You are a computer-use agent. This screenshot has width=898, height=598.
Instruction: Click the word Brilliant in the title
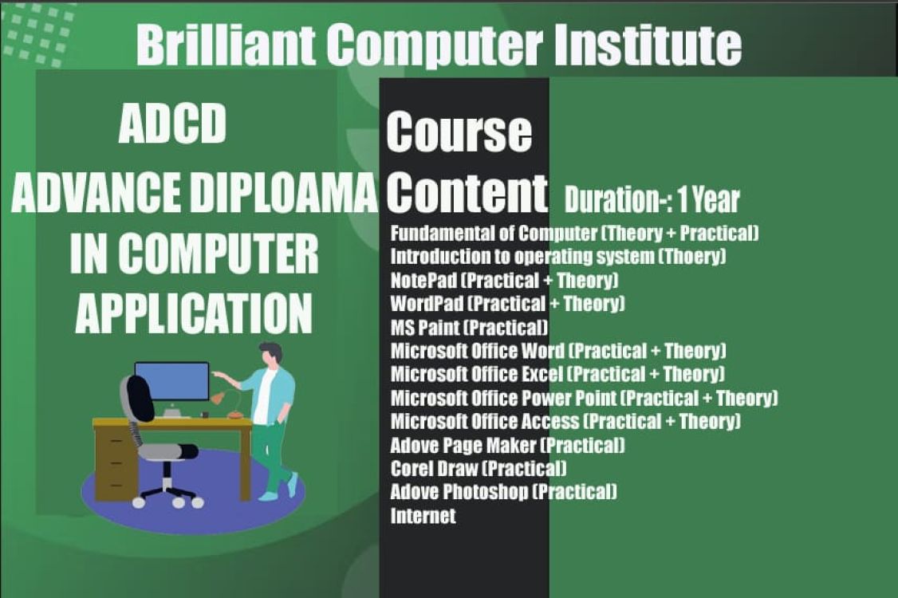[226, 45]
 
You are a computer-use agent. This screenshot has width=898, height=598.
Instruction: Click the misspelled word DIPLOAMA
[283, 191]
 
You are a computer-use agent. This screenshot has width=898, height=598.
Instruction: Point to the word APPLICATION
[194, 313]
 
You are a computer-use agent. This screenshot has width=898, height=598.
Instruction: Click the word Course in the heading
[459, 132]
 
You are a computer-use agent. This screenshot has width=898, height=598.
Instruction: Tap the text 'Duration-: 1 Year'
[652, 200]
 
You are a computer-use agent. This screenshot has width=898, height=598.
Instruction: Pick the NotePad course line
[505, 280]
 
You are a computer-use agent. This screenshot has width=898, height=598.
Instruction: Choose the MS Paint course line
[469, 328]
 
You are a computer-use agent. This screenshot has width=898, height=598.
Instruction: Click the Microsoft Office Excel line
[557, 374]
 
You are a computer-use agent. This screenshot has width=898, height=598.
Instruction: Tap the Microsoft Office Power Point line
[584, 398]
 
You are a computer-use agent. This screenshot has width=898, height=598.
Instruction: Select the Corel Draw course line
[479, 469]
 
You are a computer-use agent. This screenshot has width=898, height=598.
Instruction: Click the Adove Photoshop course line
[503, 491]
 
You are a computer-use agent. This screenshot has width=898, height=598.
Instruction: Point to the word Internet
[423, 516]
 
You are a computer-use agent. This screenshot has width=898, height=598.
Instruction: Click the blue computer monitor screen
[171, 381]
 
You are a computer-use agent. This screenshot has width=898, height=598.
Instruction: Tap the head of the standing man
[270, 353]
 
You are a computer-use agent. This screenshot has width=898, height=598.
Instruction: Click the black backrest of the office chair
[140, 398]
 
